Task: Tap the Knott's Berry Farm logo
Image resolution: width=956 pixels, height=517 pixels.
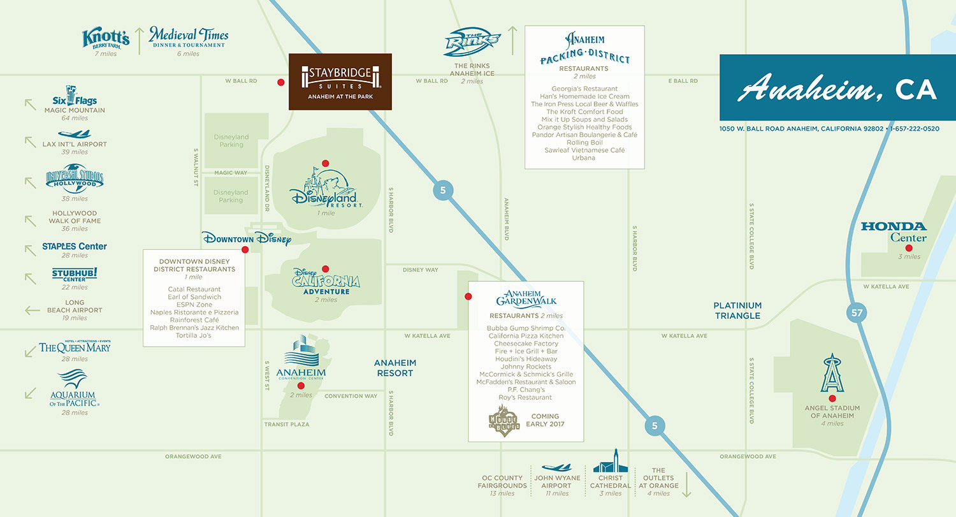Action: pyautogui.click(x=106, y=38)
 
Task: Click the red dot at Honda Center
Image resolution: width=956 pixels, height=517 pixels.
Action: pyautogui.click(x=909, y=247)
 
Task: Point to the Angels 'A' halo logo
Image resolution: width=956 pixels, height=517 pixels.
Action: pyautogui.click(x=832, y=375)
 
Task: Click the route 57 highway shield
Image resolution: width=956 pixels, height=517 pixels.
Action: pyautogui.click(x=857, y=312)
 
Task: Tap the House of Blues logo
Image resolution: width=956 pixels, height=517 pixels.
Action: pyautogui.click(x=503, y=420)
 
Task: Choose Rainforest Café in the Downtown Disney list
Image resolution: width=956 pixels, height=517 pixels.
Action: pyautogui.click(x=194, y=320)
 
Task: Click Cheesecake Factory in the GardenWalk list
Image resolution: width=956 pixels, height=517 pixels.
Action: pyautogui.click(x=526, y=344)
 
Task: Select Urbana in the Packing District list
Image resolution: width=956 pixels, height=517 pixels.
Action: pyautogui.click(x=583, y=158)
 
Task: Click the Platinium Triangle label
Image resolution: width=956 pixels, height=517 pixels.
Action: pyautogui.click(x=738, y=310)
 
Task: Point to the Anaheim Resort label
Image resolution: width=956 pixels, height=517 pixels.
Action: pyautogui.click(x=396, y=368)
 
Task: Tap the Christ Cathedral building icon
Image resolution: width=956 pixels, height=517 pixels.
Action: pyautogui.click(x=610, y=461)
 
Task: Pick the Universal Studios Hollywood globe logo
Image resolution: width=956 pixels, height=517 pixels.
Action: pyautogui.click(x=75, y=178)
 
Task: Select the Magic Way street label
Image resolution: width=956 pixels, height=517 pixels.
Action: pyautogui.click(x=230, y=173)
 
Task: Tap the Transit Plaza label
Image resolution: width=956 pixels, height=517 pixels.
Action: pyautogui.click(x=287, y=424)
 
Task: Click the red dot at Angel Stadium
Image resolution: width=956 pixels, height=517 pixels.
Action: pyautogui.click(x=832, y=398)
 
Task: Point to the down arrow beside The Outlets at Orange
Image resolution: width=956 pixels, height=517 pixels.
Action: pyautogui.click(x=687, y=486)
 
